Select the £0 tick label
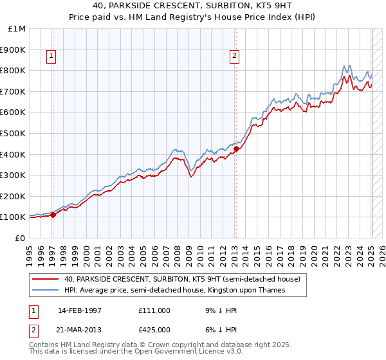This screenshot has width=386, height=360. (21, 238)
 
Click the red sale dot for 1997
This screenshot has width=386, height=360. (53, 215)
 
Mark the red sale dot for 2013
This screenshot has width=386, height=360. (235, 149)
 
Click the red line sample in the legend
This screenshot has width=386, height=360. (47, 280)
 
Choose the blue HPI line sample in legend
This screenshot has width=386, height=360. (47, 291)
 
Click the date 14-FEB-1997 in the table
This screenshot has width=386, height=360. (80, 310)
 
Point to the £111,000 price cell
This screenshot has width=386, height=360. (154, 310)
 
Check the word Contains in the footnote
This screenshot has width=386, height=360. (45, 346)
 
